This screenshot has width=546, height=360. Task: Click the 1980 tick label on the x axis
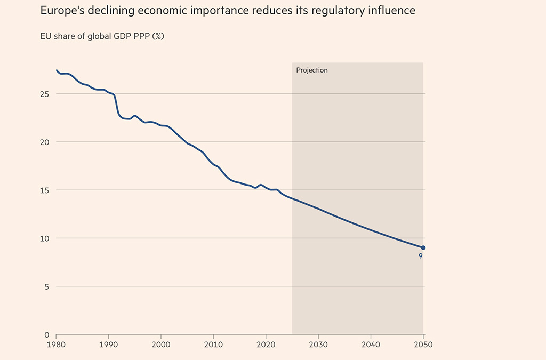pyautogui.click(x=56, y=345)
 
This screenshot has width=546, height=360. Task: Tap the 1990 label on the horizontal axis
pyautogui.click(x=108, y=345)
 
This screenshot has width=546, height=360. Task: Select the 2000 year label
pyautogui.click(x=161, y=345)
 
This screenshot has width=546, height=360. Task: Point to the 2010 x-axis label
pyautogui.click(x=213, y=345)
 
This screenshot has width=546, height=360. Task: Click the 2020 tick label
pyautogui.click(x=266, y=345)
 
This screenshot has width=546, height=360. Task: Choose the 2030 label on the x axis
pyautogui.click(x=318, y=345)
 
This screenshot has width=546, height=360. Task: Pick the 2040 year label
pyautogui.click(x=371, y=345)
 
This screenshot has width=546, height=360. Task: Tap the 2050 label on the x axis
pyautogui.click(x=423, y=345)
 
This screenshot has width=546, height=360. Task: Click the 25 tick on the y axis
pyautogui.click(x=45, y=94)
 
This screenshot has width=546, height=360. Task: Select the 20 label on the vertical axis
pyautogui.click(x=45, y=142)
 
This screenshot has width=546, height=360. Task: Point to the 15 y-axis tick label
pyautogui.click(x=45, y=190)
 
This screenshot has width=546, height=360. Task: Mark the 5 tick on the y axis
pyautogui.click(x=47, y=286)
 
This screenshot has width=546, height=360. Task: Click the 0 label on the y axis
pyautogui.click(x=47, y=335)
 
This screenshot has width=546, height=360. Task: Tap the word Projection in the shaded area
pyautogui.click(x=312, y=70)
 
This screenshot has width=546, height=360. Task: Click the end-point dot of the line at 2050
pyautogui.click(x=423, y=247)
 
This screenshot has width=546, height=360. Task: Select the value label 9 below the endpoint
pyautogui.click(x=421, y=257)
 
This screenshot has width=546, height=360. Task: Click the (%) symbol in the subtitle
pyautogui.click(x=158, y=36)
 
